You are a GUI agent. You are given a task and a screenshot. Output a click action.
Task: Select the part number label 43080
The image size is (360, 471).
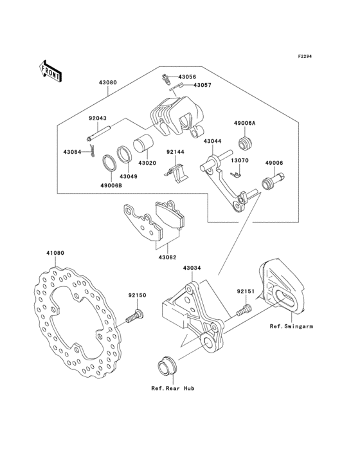[x=107, y=82]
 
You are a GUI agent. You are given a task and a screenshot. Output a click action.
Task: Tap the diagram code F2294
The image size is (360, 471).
[x=305, y=56]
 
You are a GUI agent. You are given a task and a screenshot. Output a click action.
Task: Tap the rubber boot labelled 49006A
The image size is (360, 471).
[x=245, y=143]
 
